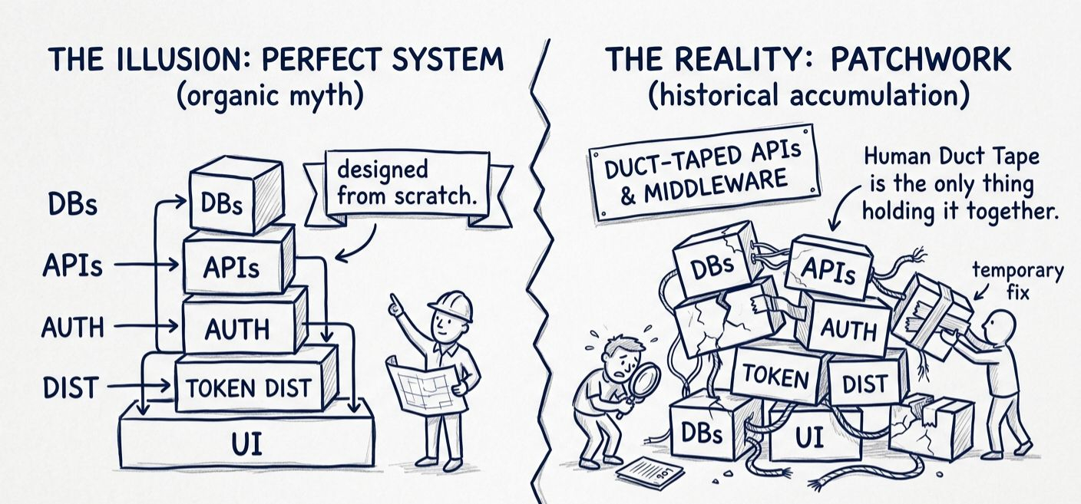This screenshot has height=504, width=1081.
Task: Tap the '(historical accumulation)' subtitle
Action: [808, 97]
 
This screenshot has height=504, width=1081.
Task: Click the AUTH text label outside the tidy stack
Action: [72, 328]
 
